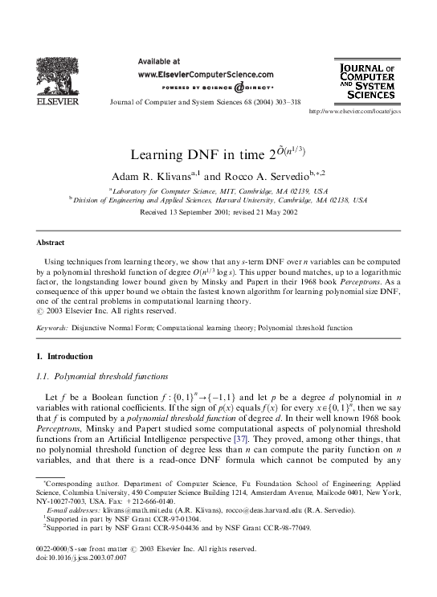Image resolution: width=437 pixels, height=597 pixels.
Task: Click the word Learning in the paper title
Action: coord(157,152)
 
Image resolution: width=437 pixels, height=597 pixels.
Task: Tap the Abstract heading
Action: coord(51,241)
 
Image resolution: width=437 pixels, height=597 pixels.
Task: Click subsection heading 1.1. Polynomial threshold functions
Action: coord(100,375)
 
